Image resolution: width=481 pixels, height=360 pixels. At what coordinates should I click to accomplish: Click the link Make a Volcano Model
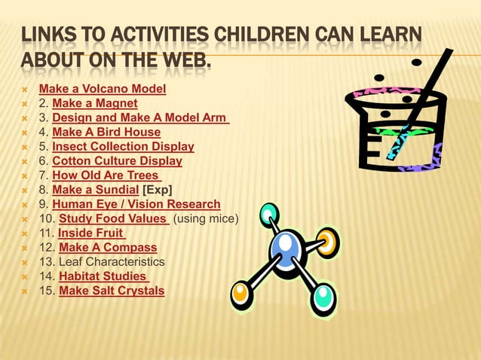(103, 90)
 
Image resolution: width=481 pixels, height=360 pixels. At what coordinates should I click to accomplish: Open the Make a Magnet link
(94, 104)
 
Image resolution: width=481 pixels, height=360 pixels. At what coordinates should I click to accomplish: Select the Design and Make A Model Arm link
(140, 118)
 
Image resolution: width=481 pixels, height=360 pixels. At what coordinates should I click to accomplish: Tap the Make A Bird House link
(106, 133)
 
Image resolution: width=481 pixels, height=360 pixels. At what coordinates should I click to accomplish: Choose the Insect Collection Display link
(123, 147)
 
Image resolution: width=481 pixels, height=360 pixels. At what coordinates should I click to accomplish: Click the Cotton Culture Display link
(117, 161)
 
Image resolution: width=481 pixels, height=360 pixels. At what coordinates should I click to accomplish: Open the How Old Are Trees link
(107, 175)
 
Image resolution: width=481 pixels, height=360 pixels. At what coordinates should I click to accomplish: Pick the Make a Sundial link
(95, 190)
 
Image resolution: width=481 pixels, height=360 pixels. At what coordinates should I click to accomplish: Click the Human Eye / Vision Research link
(136, 204)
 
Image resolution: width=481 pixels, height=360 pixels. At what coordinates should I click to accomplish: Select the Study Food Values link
(114, 218)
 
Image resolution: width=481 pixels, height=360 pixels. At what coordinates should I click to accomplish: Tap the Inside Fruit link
(91, 233)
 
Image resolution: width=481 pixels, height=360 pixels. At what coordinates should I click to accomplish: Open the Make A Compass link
(108, 247)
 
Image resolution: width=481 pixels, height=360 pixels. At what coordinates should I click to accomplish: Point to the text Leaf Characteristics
(112, 261)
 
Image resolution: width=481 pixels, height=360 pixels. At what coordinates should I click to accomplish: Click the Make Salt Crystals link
(112, 290)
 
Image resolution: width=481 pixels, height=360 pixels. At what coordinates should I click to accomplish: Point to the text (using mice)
(206, 218)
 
